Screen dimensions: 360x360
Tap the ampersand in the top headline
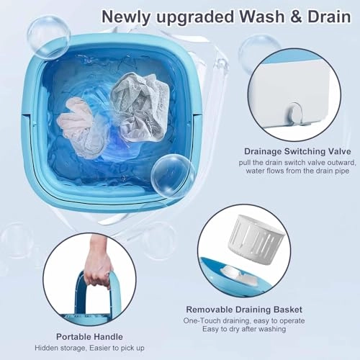pyautogui.click(x=296, y=17)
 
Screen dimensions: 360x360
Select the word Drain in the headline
pyautogui.click(x=329, y=17)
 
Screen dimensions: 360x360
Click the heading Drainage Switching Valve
pyautogui.click(x=297, y=151)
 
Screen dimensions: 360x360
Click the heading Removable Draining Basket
pyautogui.click(x=244, y=310)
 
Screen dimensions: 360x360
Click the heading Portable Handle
pyautogui.click(x=89, y=337)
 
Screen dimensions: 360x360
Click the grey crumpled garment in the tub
pyautogui.click(x=141, y=106)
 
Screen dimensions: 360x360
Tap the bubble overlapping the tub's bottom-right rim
pyautogui.click(x=172, y=176)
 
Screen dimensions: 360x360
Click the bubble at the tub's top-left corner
pyautogui.click(x=49, y=37)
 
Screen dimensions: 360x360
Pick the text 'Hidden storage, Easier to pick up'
pyautogui.click(x=89, y=348)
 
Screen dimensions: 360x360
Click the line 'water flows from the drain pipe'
pyautogui.click(x=297, y=171)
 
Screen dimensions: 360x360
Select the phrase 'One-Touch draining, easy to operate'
pyautogui.click(x=244, y=320)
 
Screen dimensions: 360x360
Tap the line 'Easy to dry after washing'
pyautogui.click(x=244, y=329)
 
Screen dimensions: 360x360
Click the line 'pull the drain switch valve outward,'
pyautogui.click(x=297, y=163)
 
